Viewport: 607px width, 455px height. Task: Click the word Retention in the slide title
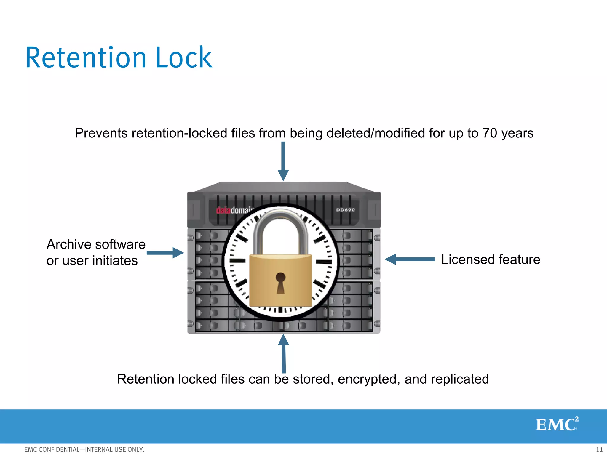pyautogui.click(x=86, y=58)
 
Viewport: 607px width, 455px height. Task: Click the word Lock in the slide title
pyautogui.click(x=184, y=58)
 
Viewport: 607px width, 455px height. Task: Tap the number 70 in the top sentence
pyautogui.click(x=489, y=133)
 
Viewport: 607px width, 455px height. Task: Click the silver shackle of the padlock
pyautogui.click(x=280, y=225)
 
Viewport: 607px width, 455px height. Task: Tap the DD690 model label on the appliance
pyautogui.click(x=345, y=210)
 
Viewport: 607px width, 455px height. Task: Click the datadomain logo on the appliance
pyautogui.click(x=234, y=210)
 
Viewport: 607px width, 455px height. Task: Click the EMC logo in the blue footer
pyautogui.click(x=557, y=424)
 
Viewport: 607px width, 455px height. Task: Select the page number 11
pyautogui.click(x=599, y=450)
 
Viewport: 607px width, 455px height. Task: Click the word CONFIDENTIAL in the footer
pyautogui.click(x=59, y=450)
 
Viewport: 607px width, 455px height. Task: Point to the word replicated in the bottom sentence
pyautogui.click(x=460, y=379)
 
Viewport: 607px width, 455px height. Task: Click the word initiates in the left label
pyautogui.click(x=115, y=261)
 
